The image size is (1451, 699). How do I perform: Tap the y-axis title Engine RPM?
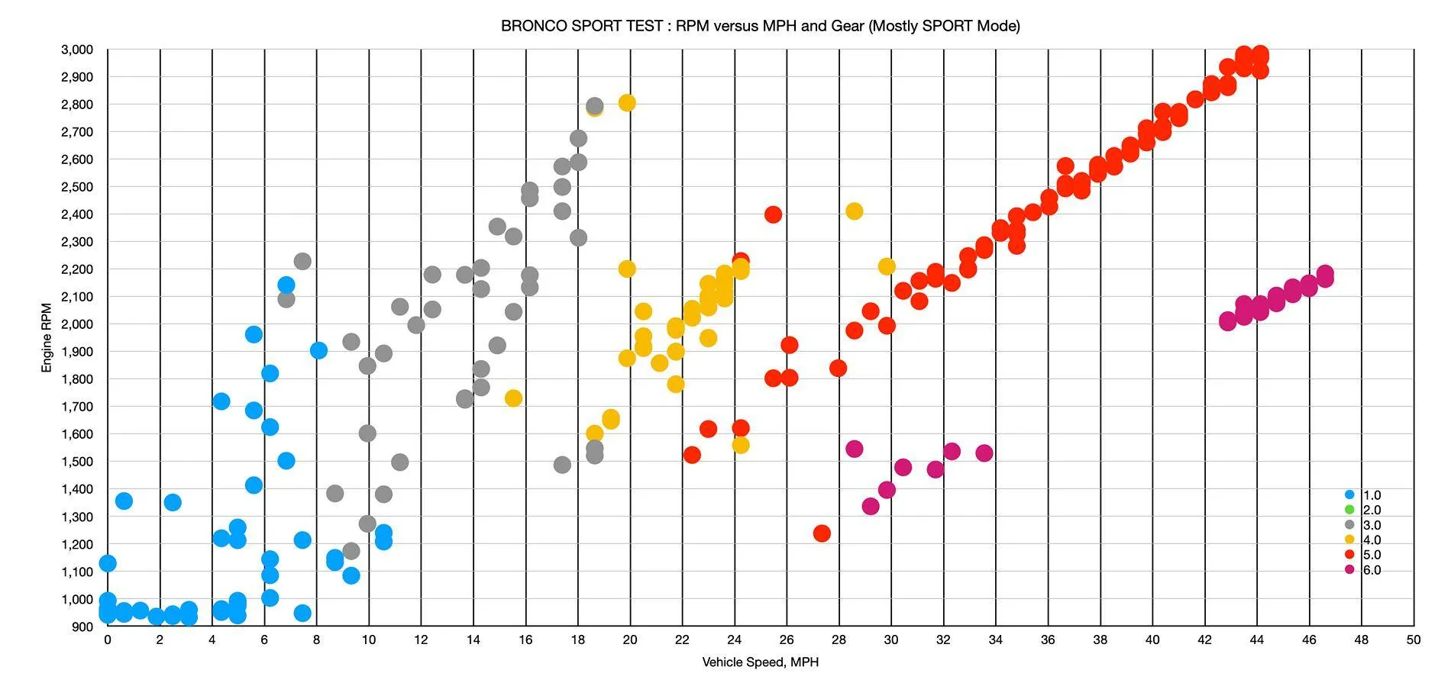click(x=47, y=338)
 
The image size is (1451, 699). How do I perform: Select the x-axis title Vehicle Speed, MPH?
click(x=760, y=662)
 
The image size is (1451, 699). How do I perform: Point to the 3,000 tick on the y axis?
click(x=76, y=50)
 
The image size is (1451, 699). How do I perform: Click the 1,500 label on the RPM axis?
click(x=76, y=462)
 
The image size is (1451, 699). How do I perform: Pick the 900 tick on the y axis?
click(x=82, y=627)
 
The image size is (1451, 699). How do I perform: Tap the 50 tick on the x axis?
click(x=1414, y=640)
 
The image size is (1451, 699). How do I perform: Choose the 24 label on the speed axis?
click(x=735, y=640)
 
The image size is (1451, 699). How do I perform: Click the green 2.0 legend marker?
click(x=1349, y=510)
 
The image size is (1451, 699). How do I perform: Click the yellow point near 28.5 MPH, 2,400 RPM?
click(x=855, y=211)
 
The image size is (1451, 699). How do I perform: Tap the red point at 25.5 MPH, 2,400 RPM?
click(x=773, y=214)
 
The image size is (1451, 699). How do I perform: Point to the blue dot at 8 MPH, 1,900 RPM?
click(x=318, y=350)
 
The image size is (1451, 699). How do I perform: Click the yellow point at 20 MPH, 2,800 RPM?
click(x=627, y=103)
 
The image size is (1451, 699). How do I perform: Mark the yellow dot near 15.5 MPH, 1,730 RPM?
click(x=513, y=398)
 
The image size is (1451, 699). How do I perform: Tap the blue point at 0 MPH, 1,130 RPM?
click(x=108, y=563)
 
